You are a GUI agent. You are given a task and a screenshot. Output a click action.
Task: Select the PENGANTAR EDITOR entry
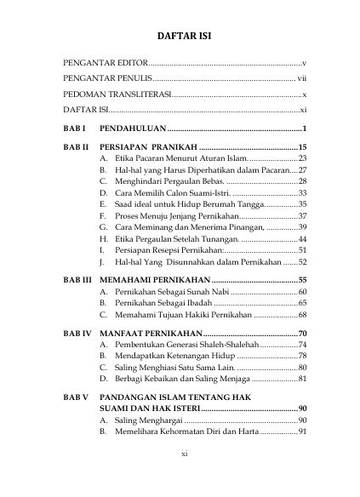point(106,64)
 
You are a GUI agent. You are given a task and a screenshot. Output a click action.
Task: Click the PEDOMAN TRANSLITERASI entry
point(117,94)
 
